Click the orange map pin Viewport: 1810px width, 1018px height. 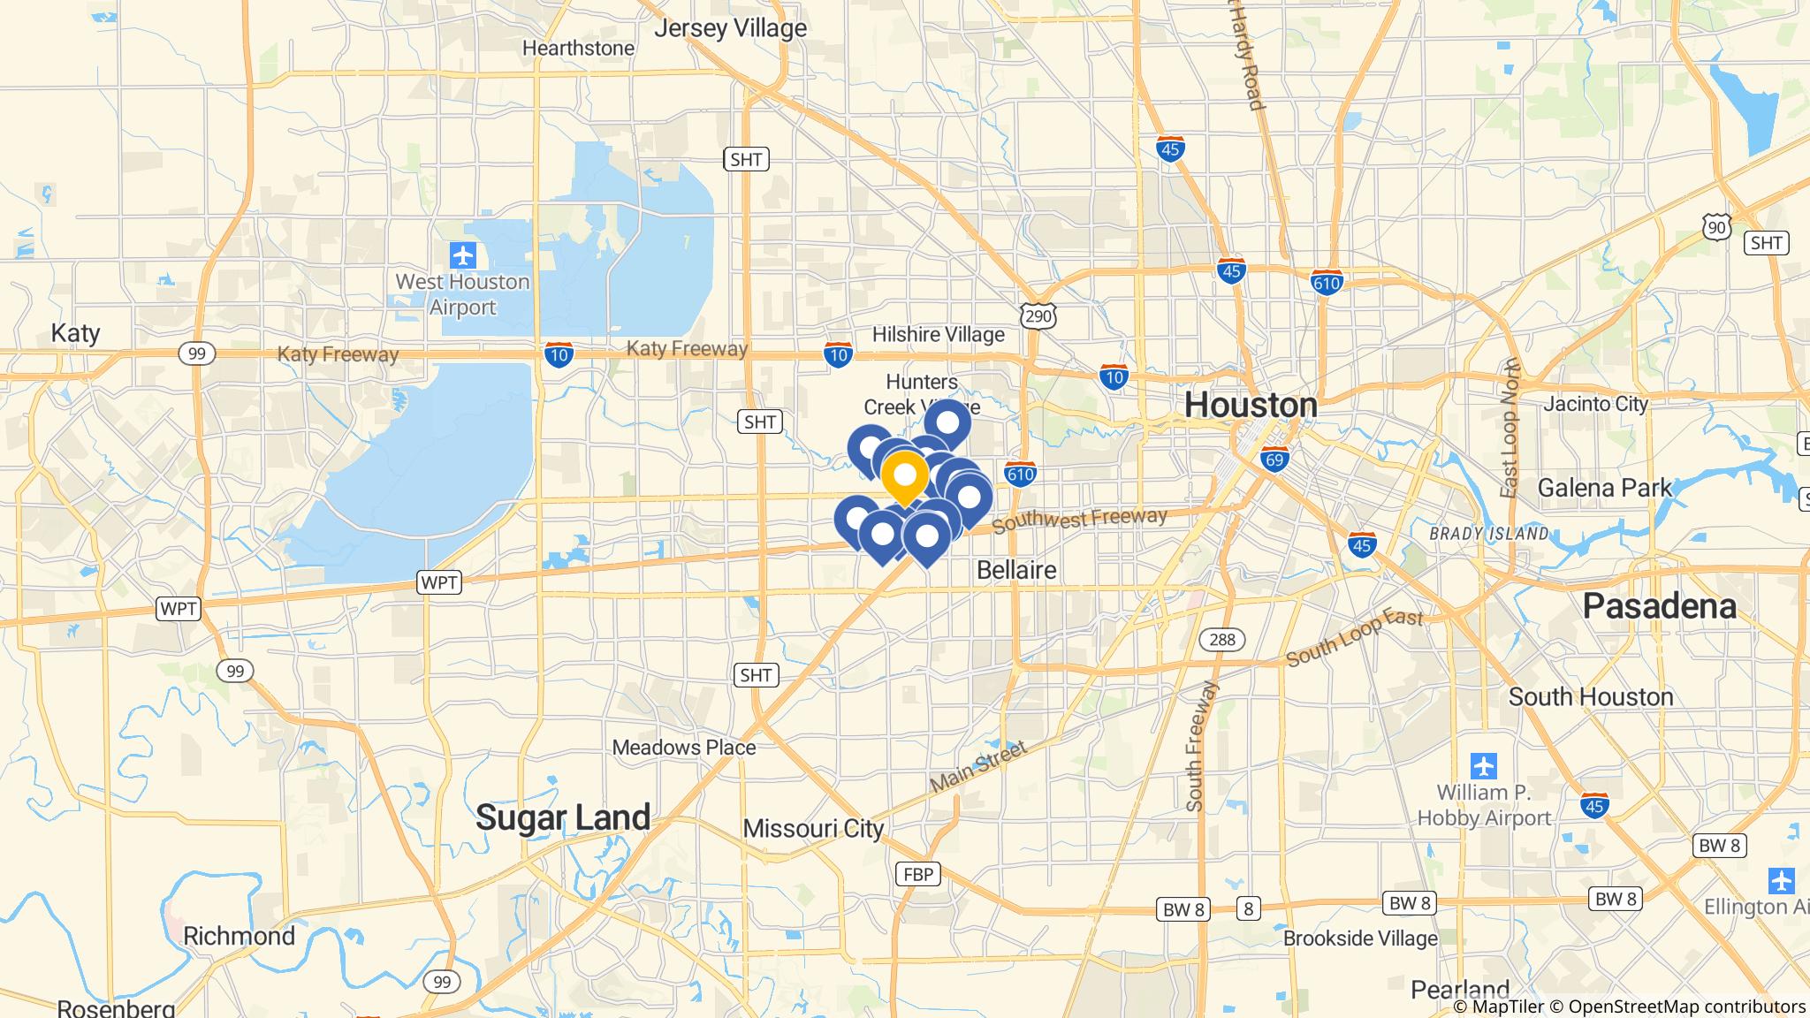coord(905,476)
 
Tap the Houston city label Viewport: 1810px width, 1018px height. coord(1251,405)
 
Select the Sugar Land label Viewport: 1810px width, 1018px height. coord(563,817)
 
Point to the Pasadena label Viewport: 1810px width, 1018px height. coord(1659,606)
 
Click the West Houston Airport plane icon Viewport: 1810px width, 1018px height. coord(462,256)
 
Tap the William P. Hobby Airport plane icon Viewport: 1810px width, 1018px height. coord(1484,764)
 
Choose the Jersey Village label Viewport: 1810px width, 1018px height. coord(730,28)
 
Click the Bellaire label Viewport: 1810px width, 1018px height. coord(1016,570)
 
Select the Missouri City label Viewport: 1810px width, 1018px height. coord(813,829)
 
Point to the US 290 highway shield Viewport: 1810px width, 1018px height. coord(1038,315)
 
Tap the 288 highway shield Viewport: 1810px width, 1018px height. coord(1222,639)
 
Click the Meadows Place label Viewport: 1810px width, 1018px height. coord(684,748)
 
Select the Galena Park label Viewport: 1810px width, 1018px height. coord(1605,488)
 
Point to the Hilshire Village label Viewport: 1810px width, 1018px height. coord(938,335)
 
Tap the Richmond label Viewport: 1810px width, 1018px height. coord(239,936)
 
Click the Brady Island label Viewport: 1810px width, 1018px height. coord(1488,534)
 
